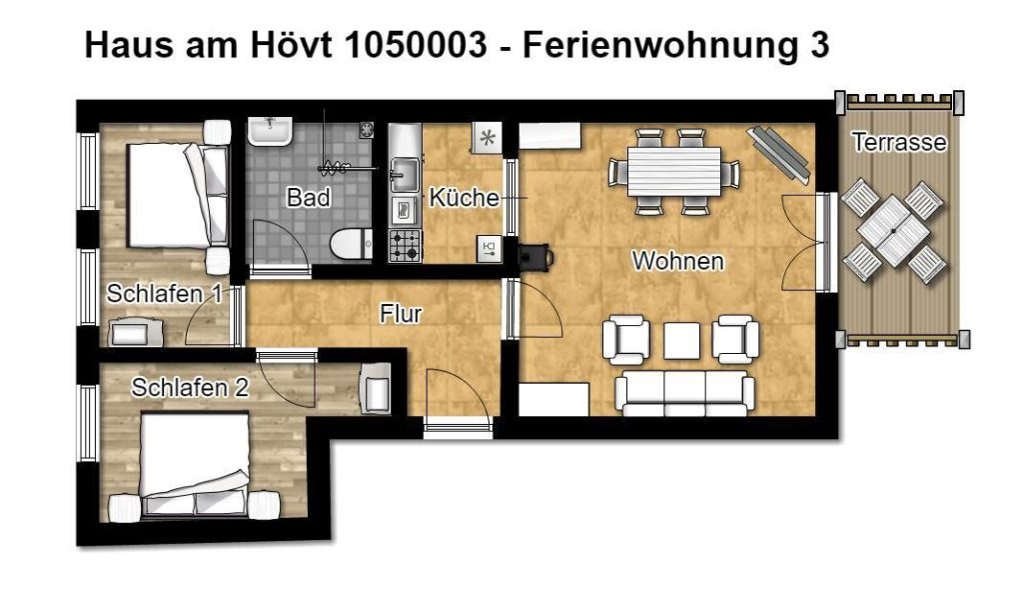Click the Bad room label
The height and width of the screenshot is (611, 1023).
pos(308,197)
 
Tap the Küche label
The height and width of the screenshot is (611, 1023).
pos(464,197)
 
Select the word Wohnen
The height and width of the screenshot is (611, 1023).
pos(678,261)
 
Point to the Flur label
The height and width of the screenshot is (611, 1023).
pos(401,314)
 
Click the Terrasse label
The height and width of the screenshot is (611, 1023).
pos(899,142)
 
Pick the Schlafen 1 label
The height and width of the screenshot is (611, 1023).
pos(165,294)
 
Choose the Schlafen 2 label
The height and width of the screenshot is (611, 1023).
pos(190,388)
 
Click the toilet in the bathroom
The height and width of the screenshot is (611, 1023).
pos(351,243)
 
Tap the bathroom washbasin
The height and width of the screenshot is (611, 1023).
pos(270,133)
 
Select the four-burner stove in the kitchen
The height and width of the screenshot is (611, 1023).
pos(406,245)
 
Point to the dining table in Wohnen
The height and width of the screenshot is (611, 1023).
pos(674,172)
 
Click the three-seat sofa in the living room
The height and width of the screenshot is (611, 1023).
pos(685,393)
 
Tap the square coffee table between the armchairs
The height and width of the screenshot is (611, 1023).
pos(681,340)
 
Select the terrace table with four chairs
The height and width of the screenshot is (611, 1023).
pos(892,231)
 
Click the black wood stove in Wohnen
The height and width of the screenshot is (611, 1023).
pos(535,256)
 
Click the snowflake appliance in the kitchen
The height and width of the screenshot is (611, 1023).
pos(487,138)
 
